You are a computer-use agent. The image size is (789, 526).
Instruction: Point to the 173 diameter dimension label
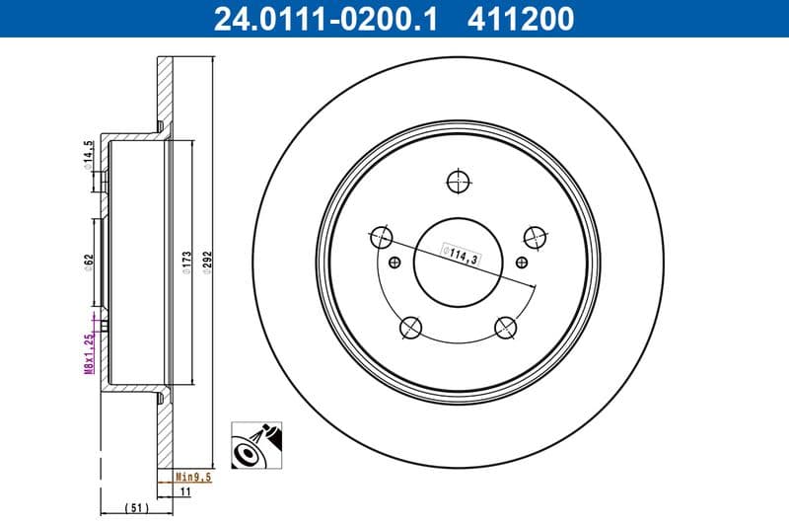point(185,263)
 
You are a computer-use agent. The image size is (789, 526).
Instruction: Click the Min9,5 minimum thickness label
point(194,476)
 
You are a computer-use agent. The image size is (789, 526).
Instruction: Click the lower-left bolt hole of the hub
point(409,327)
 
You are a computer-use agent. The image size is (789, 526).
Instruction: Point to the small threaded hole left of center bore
point(395,262)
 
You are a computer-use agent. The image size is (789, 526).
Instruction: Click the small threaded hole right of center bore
point(522,262)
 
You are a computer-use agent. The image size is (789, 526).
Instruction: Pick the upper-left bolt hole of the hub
point(381,236)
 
